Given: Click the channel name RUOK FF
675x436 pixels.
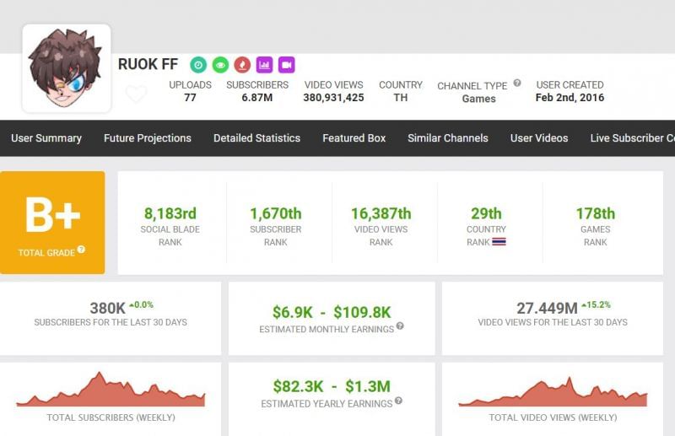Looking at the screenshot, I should (x=148, y=65).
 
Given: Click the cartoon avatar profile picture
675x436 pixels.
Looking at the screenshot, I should (x=66, y=68).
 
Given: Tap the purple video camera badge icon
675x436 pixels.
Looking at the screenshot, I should (x=286, y=65).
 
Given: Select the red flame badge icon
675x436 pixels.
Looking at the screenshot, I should (x=242, y=65).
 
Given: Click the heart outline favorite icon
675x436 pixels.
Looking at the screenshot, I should (x=136, y=94).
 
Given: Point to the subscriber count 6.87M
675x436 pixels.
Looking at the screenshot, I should (x=257, y=98).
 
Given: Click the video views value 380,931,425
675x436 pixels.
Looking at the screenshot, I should (x=333, y=98).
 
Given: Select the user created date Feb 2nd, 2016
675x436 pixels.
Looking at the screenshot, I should (x=570, y=98).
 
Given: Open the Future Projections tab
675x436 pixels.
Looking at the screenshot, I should (x=148, y=138).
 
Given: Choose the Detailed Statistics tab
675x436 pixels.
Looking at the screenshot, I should (x=256, y=138).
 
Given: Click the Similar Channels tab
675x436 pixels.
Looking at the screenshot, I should (x=447, y=138).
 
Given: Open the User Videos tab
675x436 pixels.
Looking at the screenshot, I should (x=539, y=138).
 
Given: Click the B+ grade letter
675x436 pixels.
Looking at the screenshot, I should (x=52, y=215).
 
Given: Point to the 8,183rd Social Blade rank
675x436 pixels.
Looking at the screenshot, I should (x=170, y=213).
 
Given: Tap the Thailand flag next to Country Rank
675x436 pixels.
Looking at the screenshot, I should (x=499, y=242).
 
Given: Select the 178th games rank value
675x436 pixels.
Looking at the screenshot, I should (x=595, y=213).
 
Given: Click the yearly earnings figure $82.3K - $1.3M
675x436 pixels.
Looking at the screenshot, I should (x=332, y=386).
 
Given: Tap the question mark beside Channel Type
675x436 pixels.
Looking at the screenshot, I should (x=517, y=83).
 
